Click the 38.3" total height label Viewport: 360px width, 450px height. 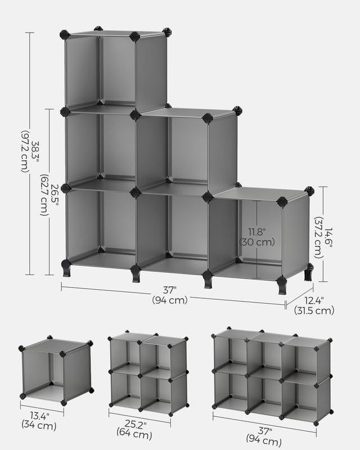(35, 151)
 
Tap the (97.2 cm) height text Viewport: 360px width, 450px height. (24, 151)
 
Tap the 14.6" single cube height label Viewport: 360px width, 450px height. (328, 233)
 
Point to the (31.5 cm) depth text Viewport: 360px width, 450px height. (313, 310)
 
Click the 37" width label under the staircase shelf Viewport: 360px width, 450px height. (170, 290)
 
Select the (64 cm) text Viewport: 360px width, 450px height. (133, 433)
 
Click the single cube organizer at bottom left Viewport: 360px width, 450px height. (56, 371)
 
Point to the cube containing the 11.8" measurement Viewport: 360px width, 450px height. (259, 233)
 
